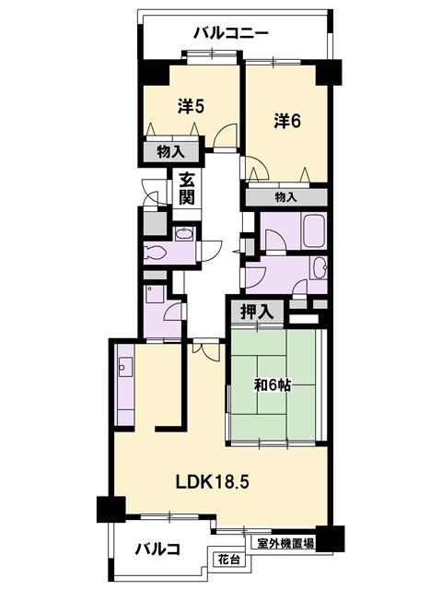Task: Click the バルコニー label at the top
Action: [x=231, y=33]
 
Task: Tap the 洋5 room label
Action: [x=191, y=107]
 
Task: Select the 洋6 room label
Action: [x=287, y=121]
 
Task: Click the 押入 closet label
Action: [x=257, y=312]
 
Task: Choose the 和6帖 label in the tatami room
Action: [x=273, y=385]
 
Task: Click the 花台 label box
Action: [x=229, y=560]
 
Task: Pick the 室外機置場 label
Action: [x=286, y=543]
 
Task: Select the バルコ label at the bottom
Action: [x=157, y=549]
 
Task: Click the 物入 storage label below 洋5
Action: [x=171, y=152]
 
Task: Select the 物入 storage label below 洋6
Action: [x=286, y=196]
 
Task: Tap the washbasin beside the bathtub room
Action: [x=320, y=268]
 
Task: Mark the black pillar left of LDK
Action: [x=111, y=510]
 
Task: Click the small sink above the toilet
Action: [x=184, y=234]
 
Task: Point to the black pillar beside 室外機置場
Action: [x=330, y=538]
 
